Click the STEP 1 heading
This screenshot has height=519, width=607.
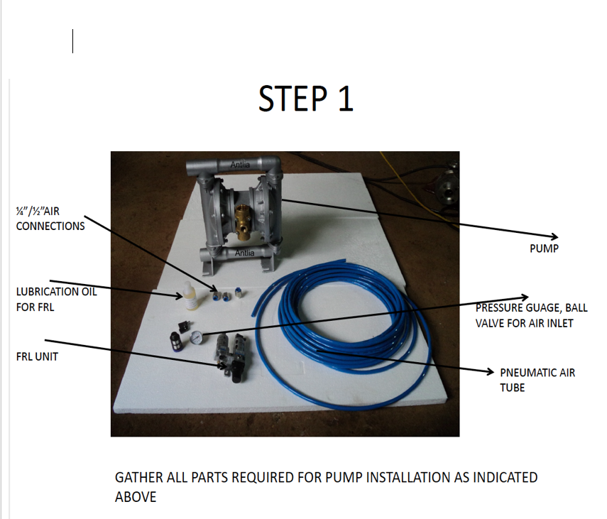point(305,99)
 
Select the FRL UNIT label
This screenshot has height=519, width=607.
point(37,356)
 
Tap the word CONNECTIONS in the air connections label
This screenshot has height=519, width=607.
point(50,226)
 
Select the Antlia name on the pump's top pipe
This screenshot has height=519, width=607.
point(241,165)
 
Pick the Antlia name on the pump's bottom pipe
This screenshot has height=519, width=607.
point(244,253)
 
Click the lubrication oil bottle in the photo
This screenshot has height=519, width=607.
point(190,295)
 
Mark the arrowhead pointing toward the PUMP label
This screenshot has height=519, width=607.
point(554,236)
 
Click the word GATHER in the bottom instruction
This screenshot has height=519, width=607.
point(138,478)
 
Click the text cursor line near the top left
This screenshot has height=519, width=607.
point(73,41)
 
